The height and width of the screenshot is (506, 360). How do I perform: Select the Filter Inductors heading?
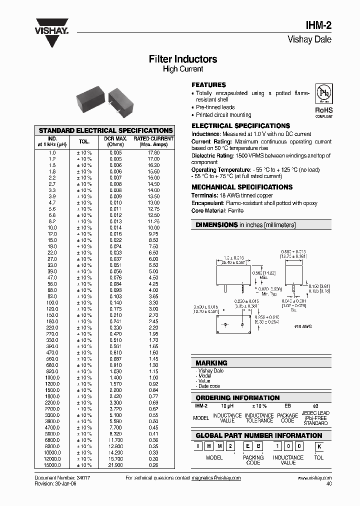(x=183, y=59)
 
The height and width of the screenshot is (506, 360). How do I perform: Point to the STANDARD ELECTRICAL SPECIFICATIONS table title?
(x=105, y=130)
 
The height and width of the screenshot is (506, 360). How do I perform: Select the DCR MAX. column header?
(x=115, y=141)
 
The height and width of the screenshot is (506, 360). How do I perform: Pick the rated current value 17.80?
(x=153, y=152)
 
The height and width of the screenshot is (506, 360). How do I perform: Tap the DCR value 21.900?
(x=115, y=465)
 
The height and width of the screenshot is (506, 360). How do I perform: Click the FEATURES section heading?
(x=209, y=85)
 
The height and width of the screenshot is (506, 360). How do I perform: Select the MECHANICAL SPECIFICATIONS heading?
(x=242, y=187)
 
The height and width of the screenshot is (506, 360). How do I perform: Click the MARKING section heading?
(x=211, y=363)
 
